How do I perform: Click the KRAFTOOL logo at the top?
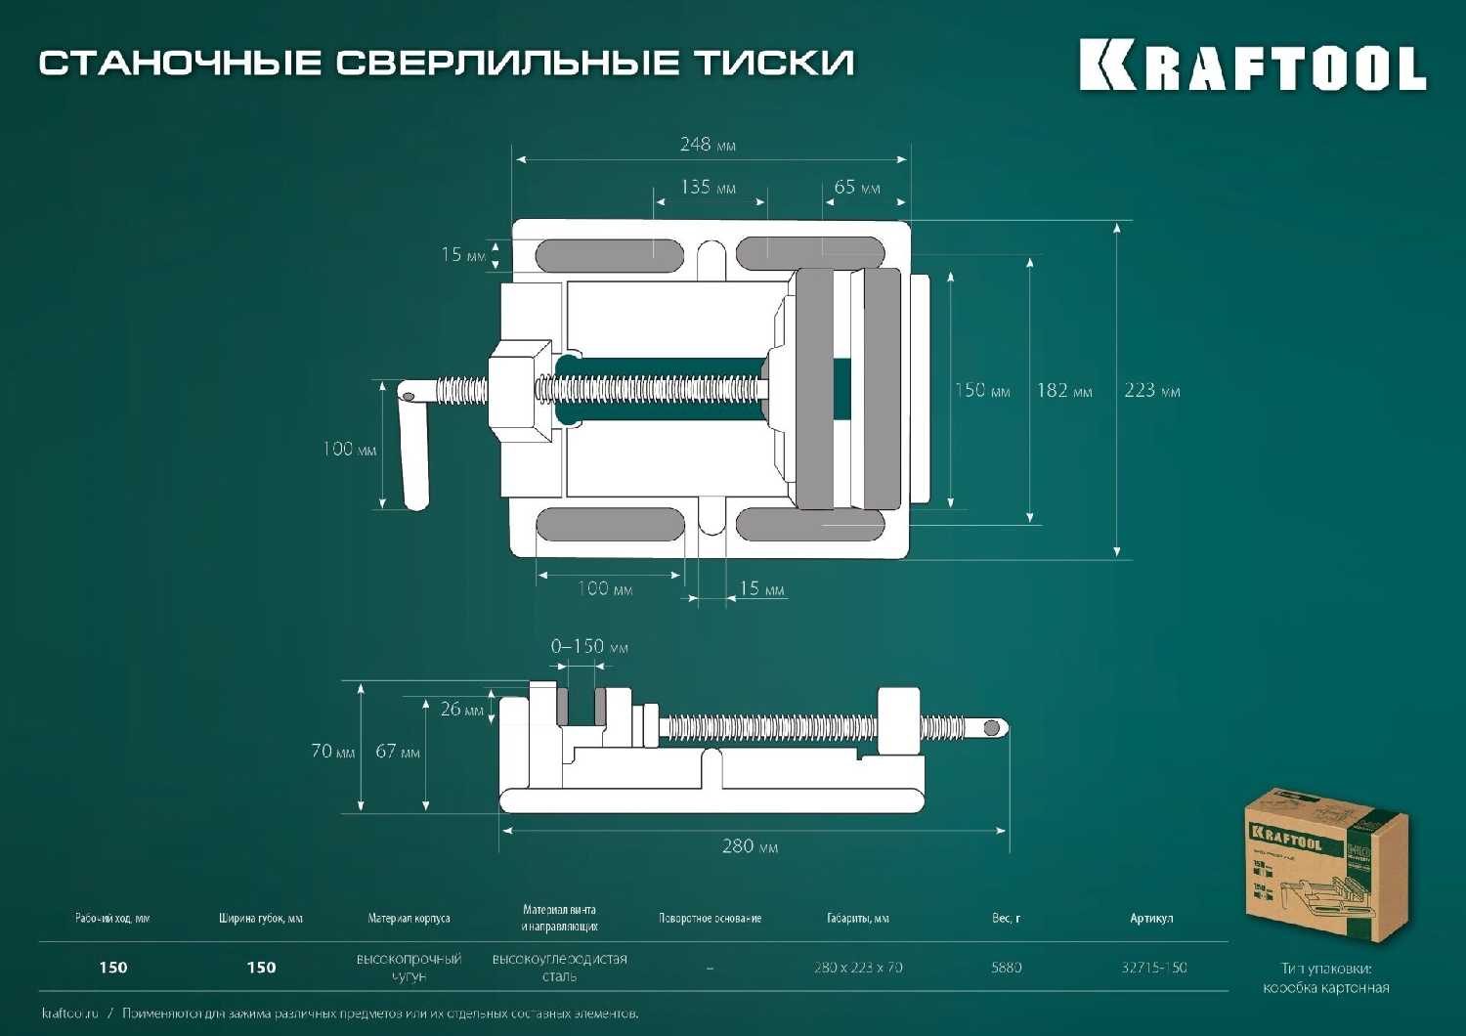click(x=1252, y=66)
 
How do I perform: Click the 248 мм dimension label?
click(x=708, y=145)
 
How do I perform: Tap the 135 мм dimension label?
click(x=708, y=187)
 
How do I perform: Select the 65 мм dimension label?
click(x=857, y=187)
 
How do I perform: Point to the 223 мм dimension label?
click(x=1151, y=391)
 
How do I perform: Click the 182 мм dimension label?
click(x=1064, y=391)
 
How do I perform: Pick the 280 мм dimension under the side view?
click(x=750, y=846)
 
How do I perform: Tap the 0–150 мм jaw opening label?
click(x=589, y=647)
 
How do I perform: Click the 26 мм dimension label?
click(x=461, y=709)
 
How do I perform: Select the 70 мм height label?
click(x=332, y=752)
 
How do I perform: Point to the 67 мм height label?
click(x=398, y=752)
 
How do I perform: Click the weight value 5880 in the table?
click(x=1006, y=968)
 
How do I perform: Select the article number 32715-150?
click(x=1154, y=968)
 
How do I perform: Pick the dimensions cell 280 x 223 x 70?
click(x=858, y=968)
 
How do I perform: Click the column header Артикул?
click(x=1151, y=919)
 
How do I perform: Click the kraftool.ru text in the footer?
click(x=70, y=1014)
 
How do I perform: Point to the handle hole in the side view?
click(x=992, y=728)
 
